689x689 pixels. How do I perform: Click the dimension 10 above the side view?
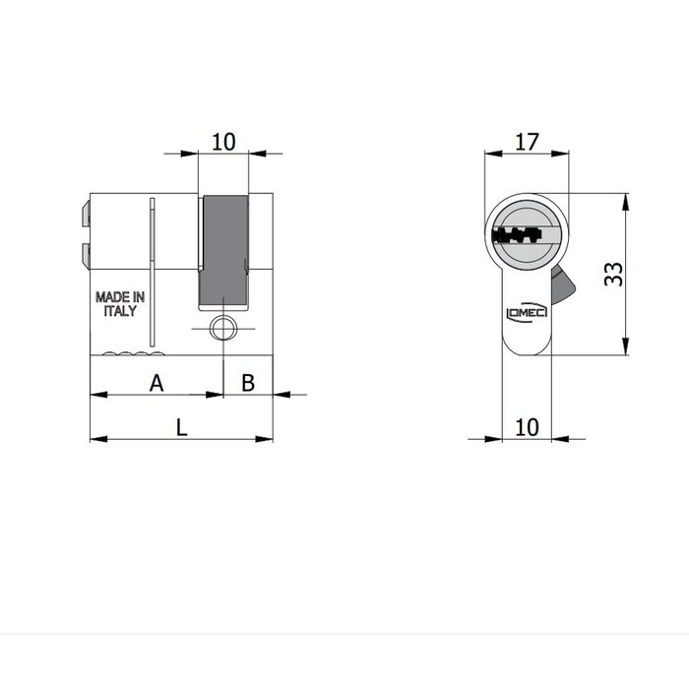[223, 141]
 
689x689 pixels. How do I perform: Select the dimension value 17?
[528, 141]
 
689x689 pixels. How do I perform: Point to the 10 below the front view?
[528, 426]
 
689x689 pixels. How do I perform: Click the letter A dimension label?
[156, 383]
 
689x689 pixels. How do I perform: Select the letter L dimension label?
[180, 427]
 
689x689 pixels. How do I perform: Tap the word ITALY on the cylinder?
[120, 310]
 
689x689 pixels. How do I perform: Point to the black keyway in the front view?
[517, 235]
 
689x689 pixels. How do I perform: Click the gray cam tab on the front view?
[563, 284]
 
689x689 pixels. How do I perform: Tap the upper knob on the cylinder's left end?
[84, 215]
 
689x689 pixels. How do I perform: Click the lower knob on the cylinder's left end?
[84, 255]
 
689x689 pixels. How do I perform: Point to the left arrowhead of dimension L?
[94, 439]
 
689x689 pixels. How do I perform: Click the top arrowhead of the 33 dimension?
[627, 198]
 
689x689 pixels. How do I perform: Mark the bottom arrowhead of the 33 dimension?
[627, 351]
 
